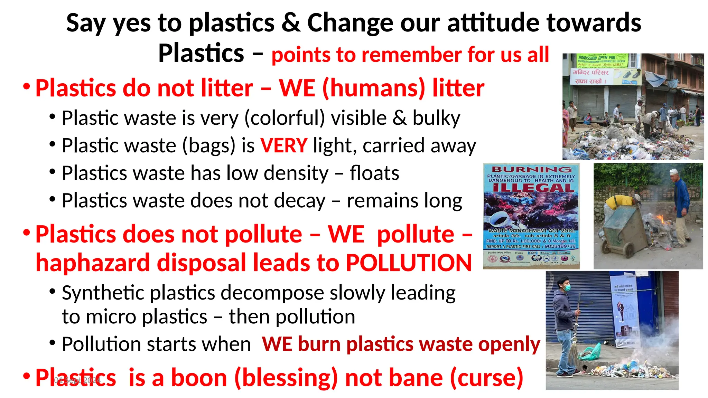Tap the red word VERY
[x=283, y=145]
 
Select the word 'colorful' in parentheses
[x=285, y=118]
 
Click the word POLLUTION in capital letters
[x=409, y=263]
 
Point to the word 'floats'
[x=374, y=173]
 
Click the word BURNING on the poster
[x=531, y=169]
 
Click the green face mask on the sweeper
[x=567, y=287]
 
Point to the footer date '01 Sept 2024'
[x=77, y=381]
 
